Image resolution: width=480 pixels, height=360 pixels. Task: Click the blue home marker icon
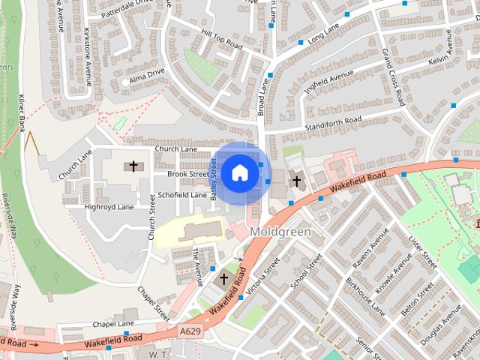coord(239,173)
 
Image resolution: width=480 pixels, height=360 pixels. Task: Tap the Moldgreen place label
coord(280,232)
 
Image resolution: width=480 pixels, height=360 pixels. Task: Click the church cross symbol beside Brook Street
coord(134,166)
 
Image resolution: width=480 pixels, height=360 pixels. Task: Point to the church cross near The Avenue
coord(223,279)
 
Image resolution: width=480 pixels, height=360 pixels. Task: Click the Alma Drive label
coord(146,77)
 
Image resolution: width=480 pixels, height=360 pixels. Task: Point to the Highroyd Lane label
coord(109,206)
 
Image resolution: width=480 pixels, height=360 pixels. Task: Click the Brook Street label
coord(187,174)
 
